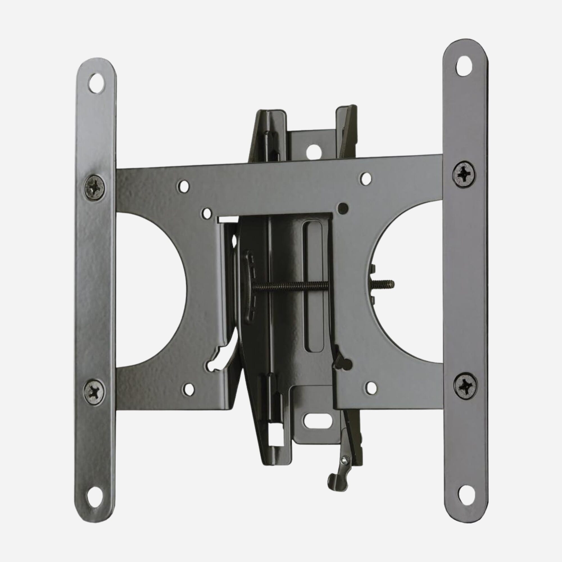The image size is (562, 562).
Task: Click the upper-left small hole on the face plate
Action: pyautogui.click(x=183, y=186)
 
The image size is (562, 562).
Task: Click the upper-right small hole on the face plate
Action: pyautogui.click(x=365, y=177)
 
